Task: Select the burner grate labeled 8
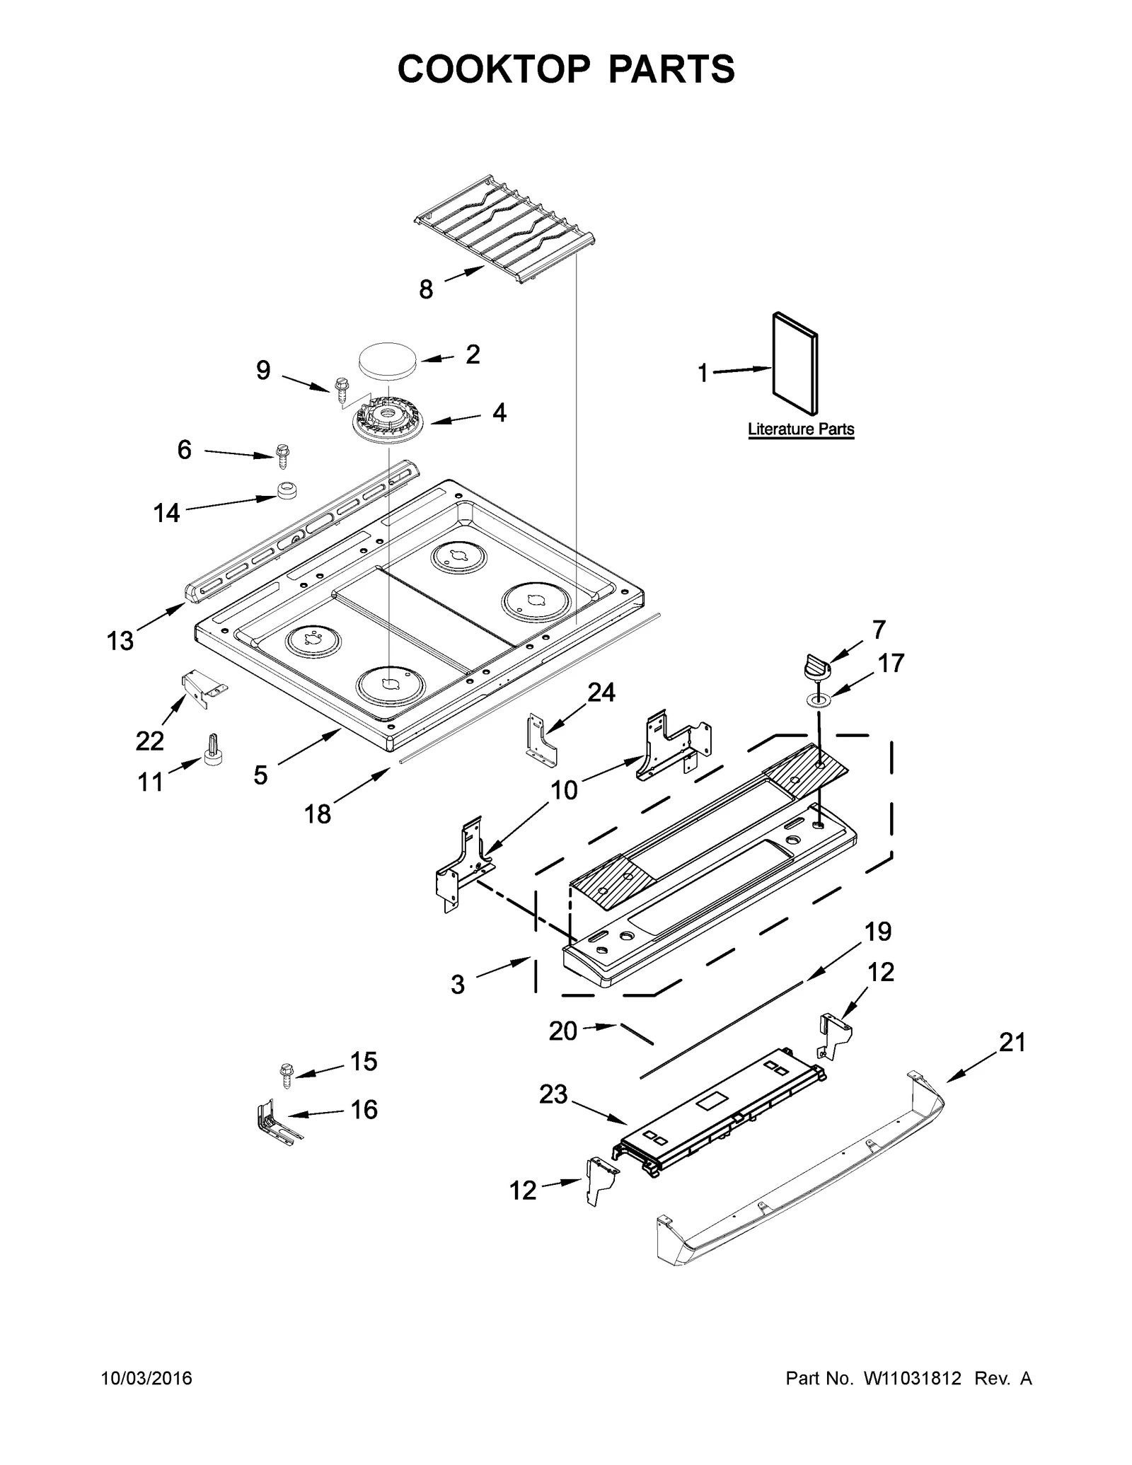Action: pyautogui.click(x=504, y=230)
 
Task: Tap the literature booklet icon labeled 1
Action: pyautogui.click(x=795, y=364)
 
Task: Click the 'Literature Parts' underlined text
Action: pyautogui.click(x=801, y=429)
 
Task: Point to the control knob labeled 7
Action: pyautogui.click(x=816, y=666)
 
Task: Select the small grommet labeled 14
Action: pyautogui.click(x=286, y=490)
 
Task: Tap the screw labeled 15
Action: pyautogui.click(x=287, y=1076)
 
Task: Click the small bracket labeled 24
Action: pyautogui.click(x=541, y=740)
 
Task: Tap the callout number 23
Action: pyautogui.click(x=553, y=1095)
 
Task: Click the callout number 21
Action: pyautogui.click(x=1011, y=1043)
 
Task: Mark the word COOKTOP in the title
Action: pyautogui.click(x=493, y=69)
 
